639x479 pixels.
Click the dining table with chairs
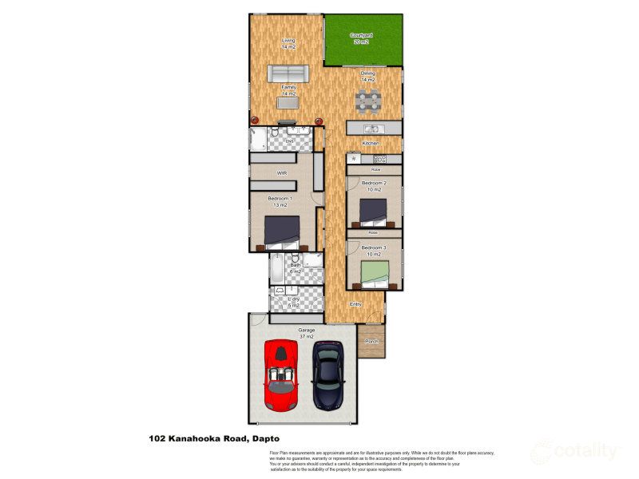pos(367,101)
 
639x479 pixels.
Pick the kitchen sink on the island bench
pos(371,129)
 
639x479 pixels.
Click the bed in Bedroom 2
pos(373,212)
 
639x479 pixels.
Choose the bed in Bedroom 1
pos(281,232)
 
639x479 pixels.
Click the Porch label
pos(371,342)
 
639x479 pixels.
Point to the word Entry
pos(355,303)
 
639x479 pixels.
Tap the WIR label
pos(281,172)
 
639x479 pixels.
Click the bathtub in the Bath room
pos(276,269)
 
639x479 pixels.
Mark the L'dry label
pos(294,302)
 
